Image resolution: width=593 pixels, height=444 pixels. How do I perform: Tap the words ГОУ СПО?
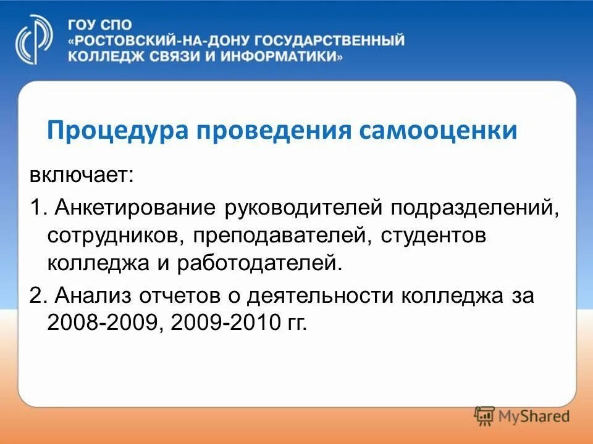(92, 25)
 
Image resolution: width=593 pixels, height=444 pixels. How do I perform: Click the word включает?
(81, 176)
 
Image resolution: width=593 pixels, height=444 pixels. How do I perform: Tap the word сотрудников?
(115, 236)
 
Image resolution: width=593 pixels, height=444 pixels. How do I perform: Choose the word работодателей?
(259, 265)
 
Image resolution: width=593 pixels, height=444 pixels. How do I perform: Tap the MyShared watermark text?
(534, 416)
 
